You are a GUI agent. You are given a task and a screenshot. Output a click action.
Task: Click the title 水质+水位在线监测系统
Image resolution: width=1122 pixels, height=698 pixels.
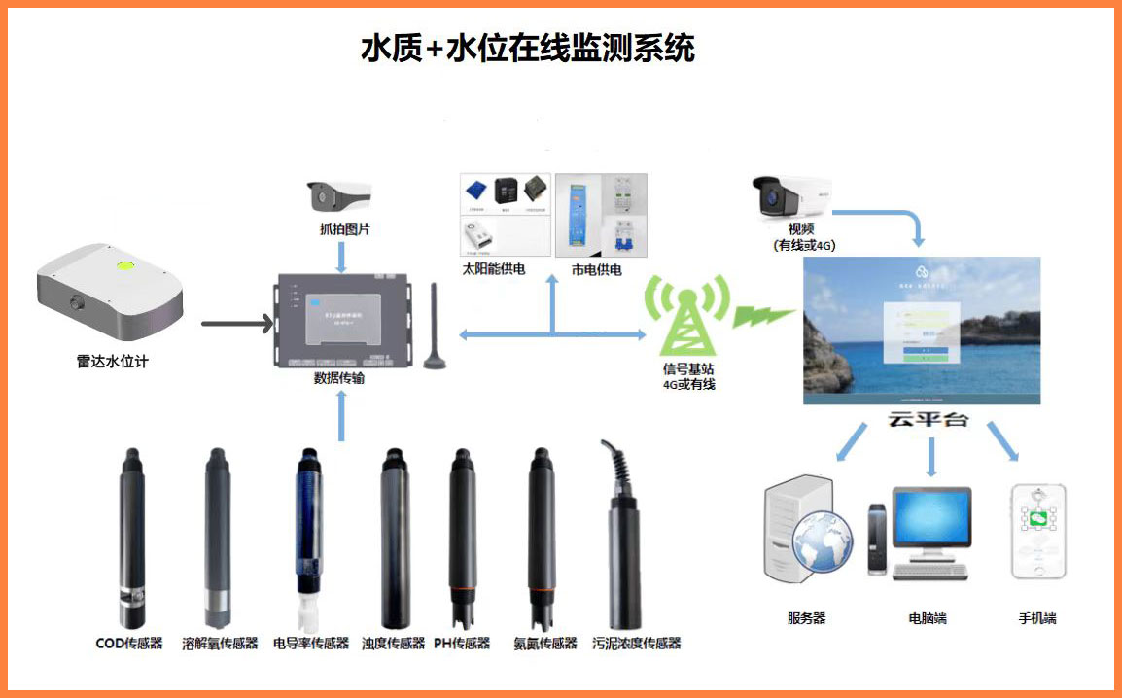(x=527, y=48)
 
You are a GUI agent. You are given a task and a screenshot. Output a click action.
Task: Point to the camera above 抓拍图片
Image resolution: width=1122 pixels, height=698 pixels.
(x=339, y=198)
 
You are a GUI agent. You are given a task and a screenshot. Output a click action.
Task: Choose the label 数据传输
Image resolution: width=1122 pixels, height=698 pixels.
(x=339, y=378)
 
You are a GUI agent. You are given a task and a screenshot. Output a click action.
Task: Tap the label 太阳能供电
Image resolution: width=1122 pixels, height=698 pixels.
(x=494, y=269)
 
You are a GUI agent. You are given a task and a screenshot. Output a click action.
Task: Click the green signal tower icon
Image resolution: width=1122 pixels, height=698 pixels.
(x=688, y=316)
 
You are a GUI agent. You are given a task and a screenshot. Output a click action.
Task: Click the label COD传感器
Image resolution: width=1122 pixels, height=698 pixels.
(x=129, y=644)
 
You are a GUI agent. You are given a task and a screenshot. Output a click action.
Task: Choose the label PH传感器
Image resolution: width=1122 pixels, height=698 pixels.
(x=462, y=644)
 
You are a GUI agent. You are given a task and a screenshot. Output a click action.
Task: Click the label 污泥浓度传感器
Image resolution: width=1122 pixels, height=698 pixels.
(x=636, y=644)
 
